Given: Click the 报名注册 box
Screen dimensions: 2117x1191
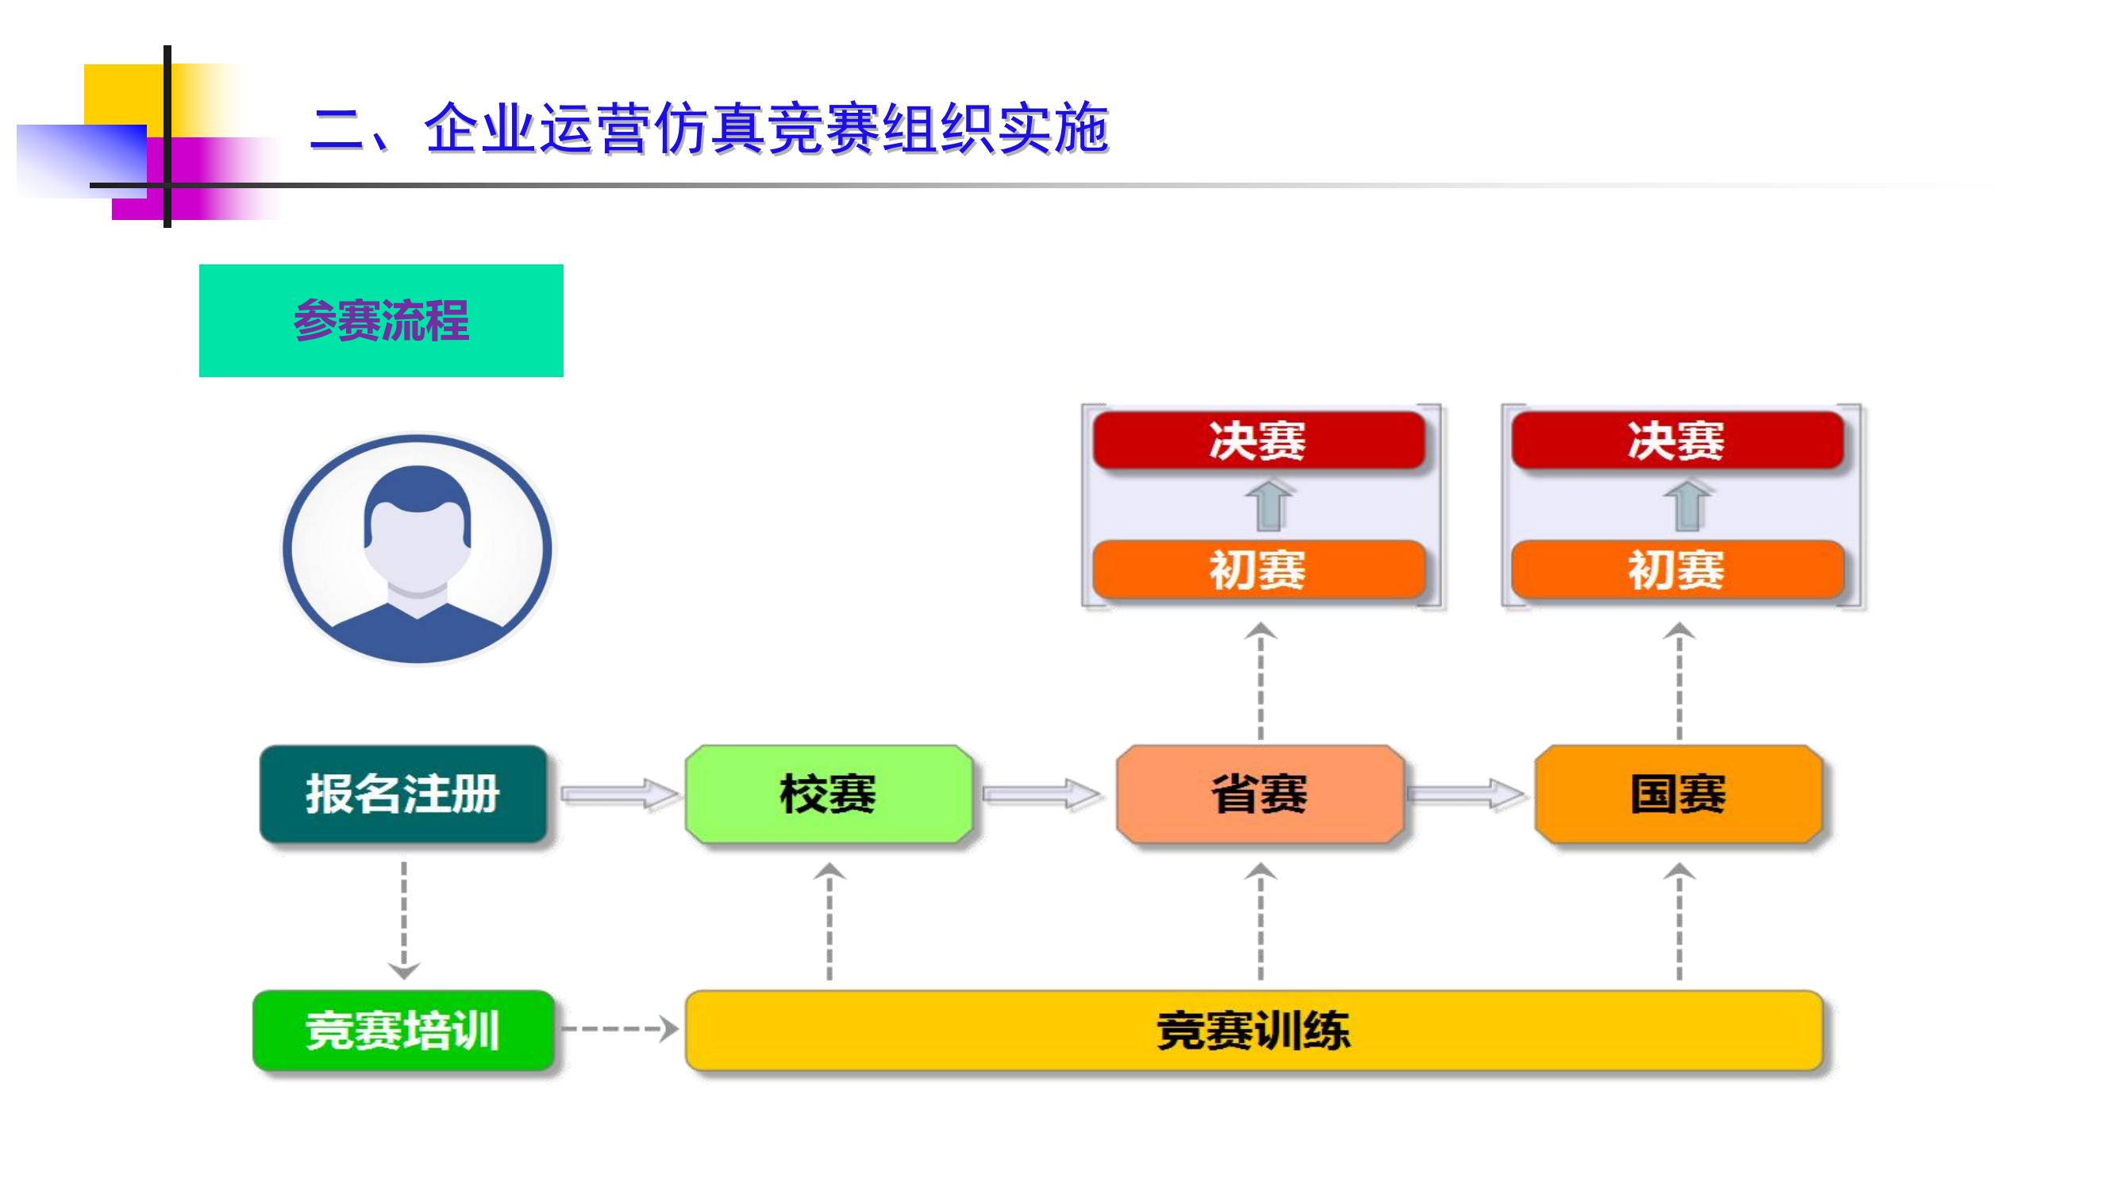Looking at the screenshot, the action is coord(403,794).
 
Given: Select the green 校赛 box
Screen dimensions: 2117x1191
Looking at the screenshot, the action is coord(829,794).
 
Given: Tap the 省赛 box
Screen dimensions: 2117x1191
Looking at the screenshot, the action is coord(1260,794).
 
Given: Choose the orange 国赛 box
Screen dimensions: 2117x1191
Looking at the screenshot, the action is coord(1678,794).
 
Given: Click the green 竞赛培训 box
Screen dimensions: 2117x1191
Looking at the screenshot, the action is coord(403,1030).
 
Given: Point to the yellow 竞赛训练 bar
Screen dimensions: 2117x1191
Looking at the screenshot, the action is coord(1254,1030).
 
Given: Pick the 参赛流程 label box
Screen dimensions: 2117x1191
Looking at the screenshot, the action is coord(381,321).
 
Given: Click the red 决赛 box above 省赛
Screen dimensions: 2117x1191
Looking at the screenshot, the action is coord(1259,440).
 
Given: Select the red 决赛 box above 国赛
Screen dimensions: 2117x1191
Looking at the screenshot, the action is coord(1677,440).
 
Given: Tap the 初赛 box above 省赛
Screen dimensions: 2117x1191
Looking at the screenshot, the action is coord(1259,569).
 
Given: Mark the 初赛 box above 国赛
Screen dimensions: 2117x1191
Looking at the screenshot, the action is coord(1677,569).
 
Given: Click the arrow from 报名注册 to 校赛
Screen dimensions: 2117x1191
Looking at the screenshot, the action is coord(620,794).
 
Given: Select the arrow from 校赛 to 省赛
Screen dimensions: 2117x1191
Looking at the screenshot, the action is coord(1042,794).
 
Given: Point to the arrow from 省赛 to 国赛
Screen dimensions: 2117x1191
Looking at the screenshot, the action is coord(1466,794).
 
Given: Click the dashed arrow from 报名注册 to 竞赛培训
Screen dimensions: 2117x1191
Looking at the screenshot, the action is coord(403,919).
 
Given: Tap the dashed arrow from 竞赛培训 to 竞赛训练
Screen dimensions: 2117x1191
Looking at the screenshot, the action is coord(620,1029).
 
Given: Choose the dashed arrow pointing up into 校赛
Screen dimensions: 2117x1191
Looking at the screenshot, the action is coord(829,921).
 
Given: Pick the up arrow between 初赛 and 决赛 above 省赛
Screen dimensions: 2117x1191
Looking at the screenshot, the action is coord(1268,505).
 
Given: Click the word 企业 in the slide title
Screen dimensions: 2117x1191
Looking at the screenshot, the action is coord(481,129).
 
